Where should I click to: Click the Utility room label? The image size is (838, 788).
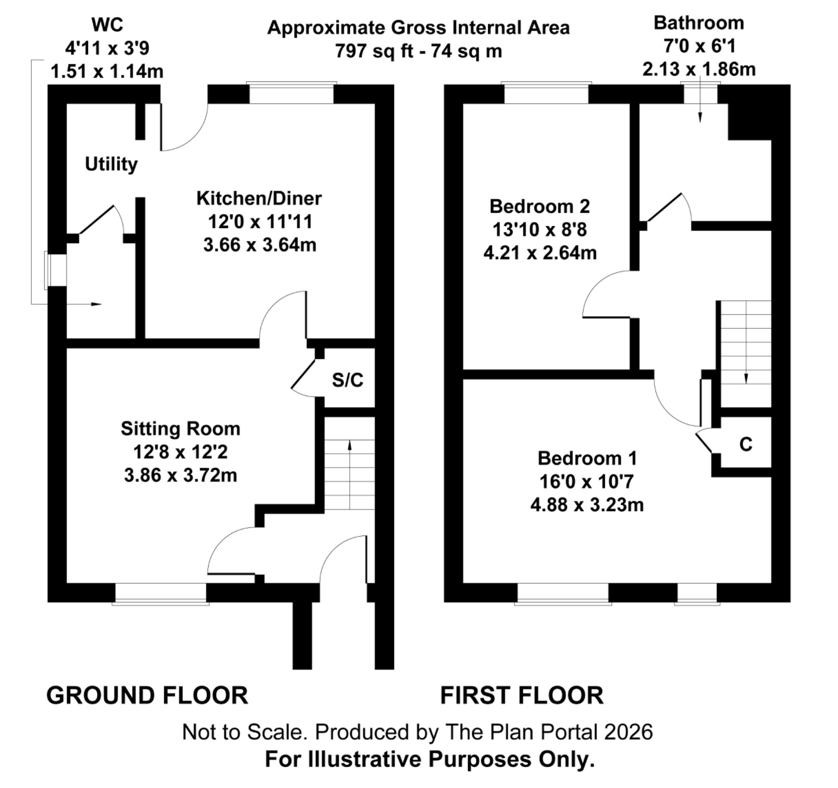click(x=111, y=164)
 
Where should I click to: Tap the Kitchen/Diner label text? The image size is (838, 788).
click(x=259, y=198)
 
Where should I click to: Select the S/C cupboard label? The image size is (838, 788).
click(x=347, y=380)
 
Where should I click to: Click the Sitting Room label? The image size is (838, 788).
click(x=180, y=429)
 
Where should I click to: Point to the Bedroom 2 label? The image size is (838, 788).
click(x=540, y=207)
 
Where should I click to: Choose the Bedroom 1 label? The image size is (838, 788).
click(x=587, y=459)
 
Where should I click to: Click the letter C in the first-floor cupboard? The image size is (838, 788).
click(x=746, y=444)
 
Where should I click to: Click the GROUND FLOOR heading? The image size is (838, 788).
click(x=147, y=695)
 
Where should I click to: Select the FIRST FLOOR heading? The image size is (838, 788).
click(x=522, y=695)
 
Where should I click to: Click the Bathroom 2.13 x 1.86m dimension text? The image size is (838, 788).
click(x=698, y=69)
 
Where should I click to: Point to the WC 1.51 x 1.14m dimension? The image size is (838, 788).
click(x=107, y=71)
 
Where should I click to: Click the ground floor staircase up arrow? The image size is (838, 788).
click(x=349, y=447)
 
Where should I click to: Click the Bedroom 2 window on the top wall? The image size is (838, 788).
click(x=546, y=93)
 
